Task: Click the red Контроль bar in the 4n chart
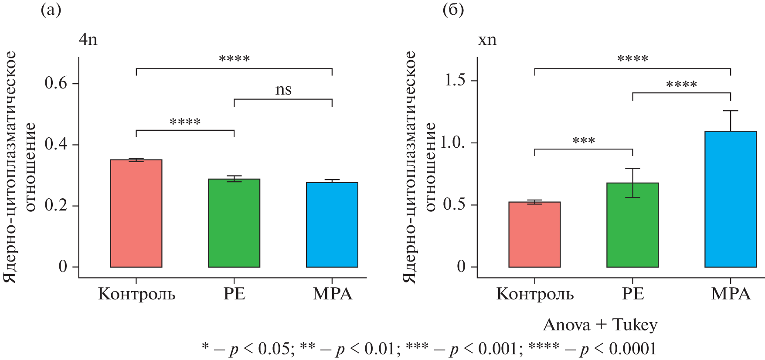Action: [x=136, y=214]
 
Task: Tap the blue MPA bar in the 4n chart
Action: [x=332, y=225]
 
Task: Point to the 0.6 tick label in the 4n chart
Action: [x=56, y=83]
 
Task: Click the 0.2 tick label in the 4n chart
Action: [x=56, y=205]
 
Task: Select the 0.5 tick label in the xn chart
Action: [x=454, y=205]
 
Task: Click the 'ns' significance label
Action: [x=283, y=90]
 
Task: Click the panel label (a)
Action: [x=51, y=10]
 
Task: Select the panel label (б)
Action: [x=453, y=10]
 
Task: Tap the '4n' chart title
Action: [x=88, y=40]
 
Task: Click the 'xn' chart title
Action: [x=487, y=40]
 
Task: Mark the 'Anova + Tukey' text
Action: [x=600, y=325]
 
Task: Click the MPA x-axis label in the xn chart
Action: [x=731, y=294]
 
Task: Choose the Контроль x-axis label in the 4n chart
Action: [x=136, y=294]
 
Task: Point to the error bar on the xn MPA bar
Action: [x=731, y=120]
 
